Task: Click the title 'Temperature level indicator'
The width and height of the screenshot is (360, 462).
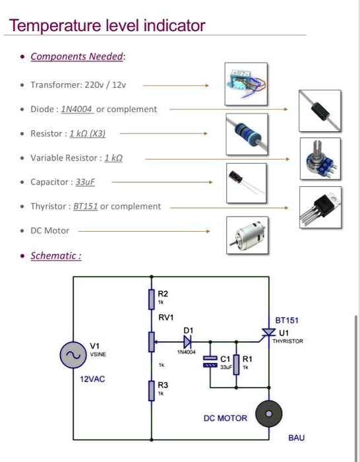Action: [x=107, y=26]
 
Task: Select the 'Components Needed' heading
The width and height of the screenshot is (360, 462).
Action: [x=77, y=57]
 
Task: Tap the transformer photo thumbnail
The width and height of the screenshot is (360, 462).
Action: [x=245, y=84]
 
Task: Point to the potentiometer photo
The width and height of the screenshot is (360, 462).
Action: [x=320, y=158]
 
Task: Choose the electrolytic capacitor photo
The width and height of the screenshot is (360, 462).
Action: [x=245, y=182]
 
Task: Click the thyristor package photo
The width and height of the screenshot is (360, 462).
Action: [x=320, y=206]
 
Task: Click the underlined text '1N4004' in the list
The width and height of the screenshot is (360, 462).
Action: [x=77, y=109]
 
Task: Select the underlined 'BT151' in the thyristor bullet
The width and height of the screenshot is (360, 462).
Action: [x=86, y=207]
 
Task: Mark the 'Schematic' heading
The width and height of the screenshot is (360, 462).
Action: [x=55, y=256]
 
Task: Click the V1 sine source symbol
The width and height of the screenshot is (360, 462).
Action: [x=73, y=356]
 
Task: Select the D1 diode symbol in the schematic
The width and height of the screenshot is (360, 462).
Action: [x=187, y=342]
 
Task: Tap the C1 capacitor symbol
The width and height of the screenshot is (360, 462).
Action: [x=210, y=362]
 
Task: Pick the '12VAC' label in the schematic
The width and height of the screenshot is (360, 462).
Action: [x=92, y=379]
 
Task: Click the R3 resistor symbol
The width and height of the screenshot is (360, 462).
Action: [x=152, y=390]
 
